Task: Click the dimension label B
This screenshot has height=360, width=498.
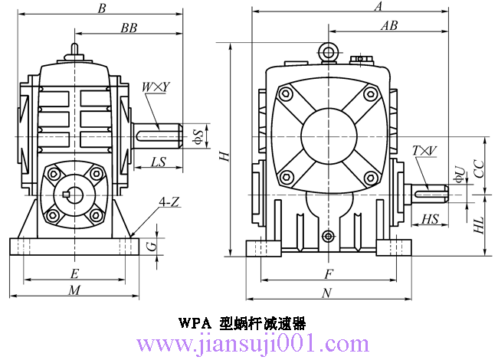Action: (102, 8)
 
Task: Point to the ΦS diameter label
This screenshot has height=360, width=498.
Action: (198, 136)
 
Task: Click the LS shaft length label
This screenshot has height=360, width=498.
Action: (159, 162)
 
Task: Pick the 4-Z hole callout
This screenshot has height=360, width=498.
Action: (169, 202)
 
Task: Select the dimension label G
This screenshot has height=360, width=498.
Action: (150, 245)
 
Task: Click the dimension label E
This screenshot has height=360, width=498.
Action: (74, 273)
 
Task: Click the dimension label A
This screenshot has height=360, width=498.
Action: (378, 7)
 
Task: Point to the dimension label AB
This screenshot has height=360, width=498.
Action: (389, 25)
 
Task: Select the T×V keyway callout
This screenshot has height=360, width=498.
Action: (424, 150)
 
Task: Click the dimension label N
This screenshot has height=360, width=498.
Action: (326, 293)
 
